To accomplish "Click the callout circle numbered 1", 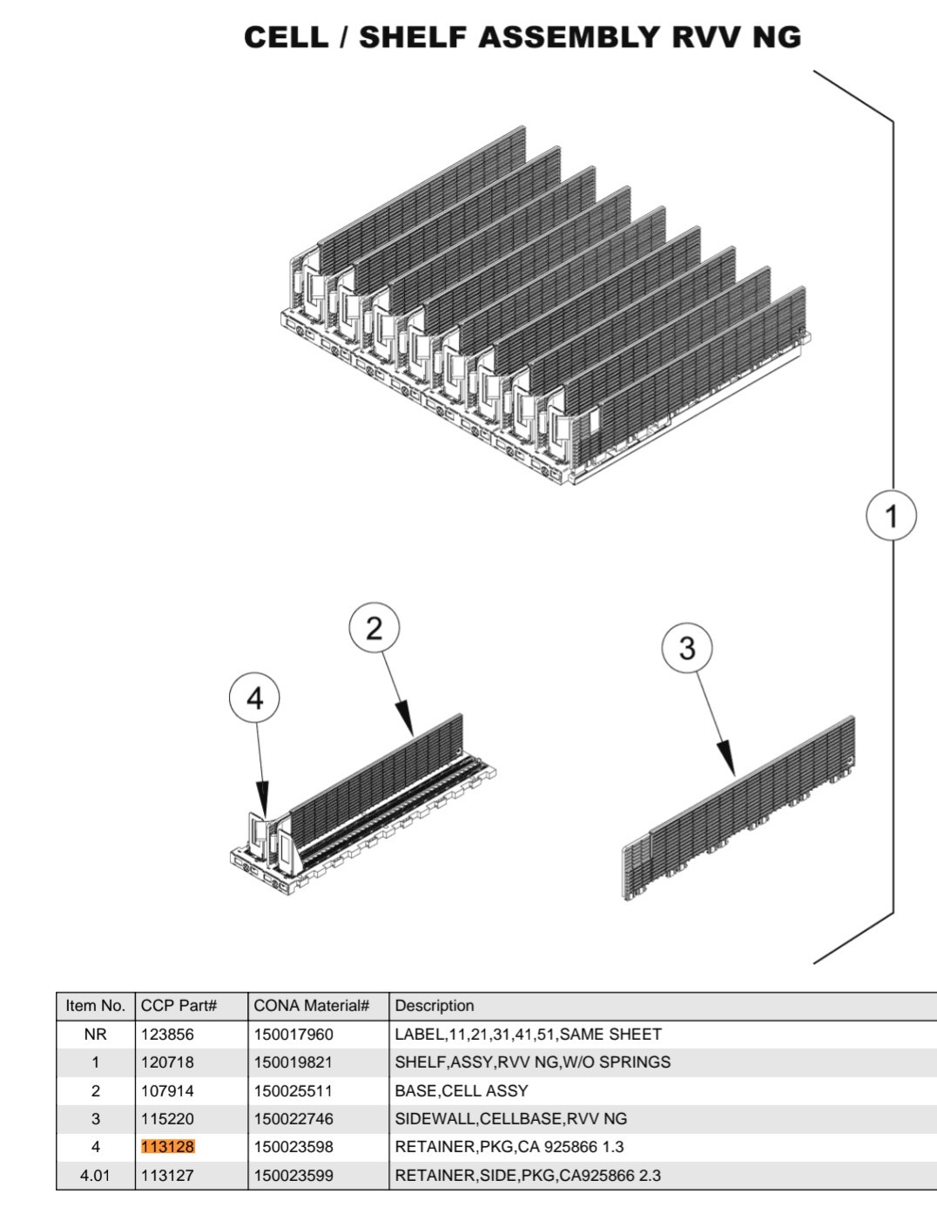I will coord(891,516).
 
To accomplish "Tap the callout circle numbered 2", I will coord(374,628).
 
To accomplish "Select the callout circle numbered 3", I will coord(687,648).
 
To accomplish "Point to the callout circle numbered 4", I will coord(254,698).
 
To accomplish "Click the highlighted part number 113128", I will coord(168,1147).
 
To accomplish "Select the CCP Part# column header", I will coord(179,1006).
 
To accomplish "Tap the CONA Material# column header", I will coord(312,1006).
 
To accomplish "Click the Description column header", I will coord(435,1006).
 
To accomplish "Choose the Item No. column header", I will coord(96,1006).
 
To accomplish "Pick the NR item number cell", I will coord(96,1035).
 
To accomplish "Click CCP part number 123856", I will coord(168,1035).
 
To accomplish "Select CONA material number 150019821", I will coord(293,1062).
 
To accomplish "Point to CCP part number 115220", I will coord(168,1119).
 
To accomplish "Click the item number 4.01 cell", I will coord(96,1175).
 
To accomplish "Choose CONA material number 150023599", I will coord(293,1175).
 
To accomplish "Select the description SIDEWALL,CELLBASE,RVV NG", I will coord(511,1119).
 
